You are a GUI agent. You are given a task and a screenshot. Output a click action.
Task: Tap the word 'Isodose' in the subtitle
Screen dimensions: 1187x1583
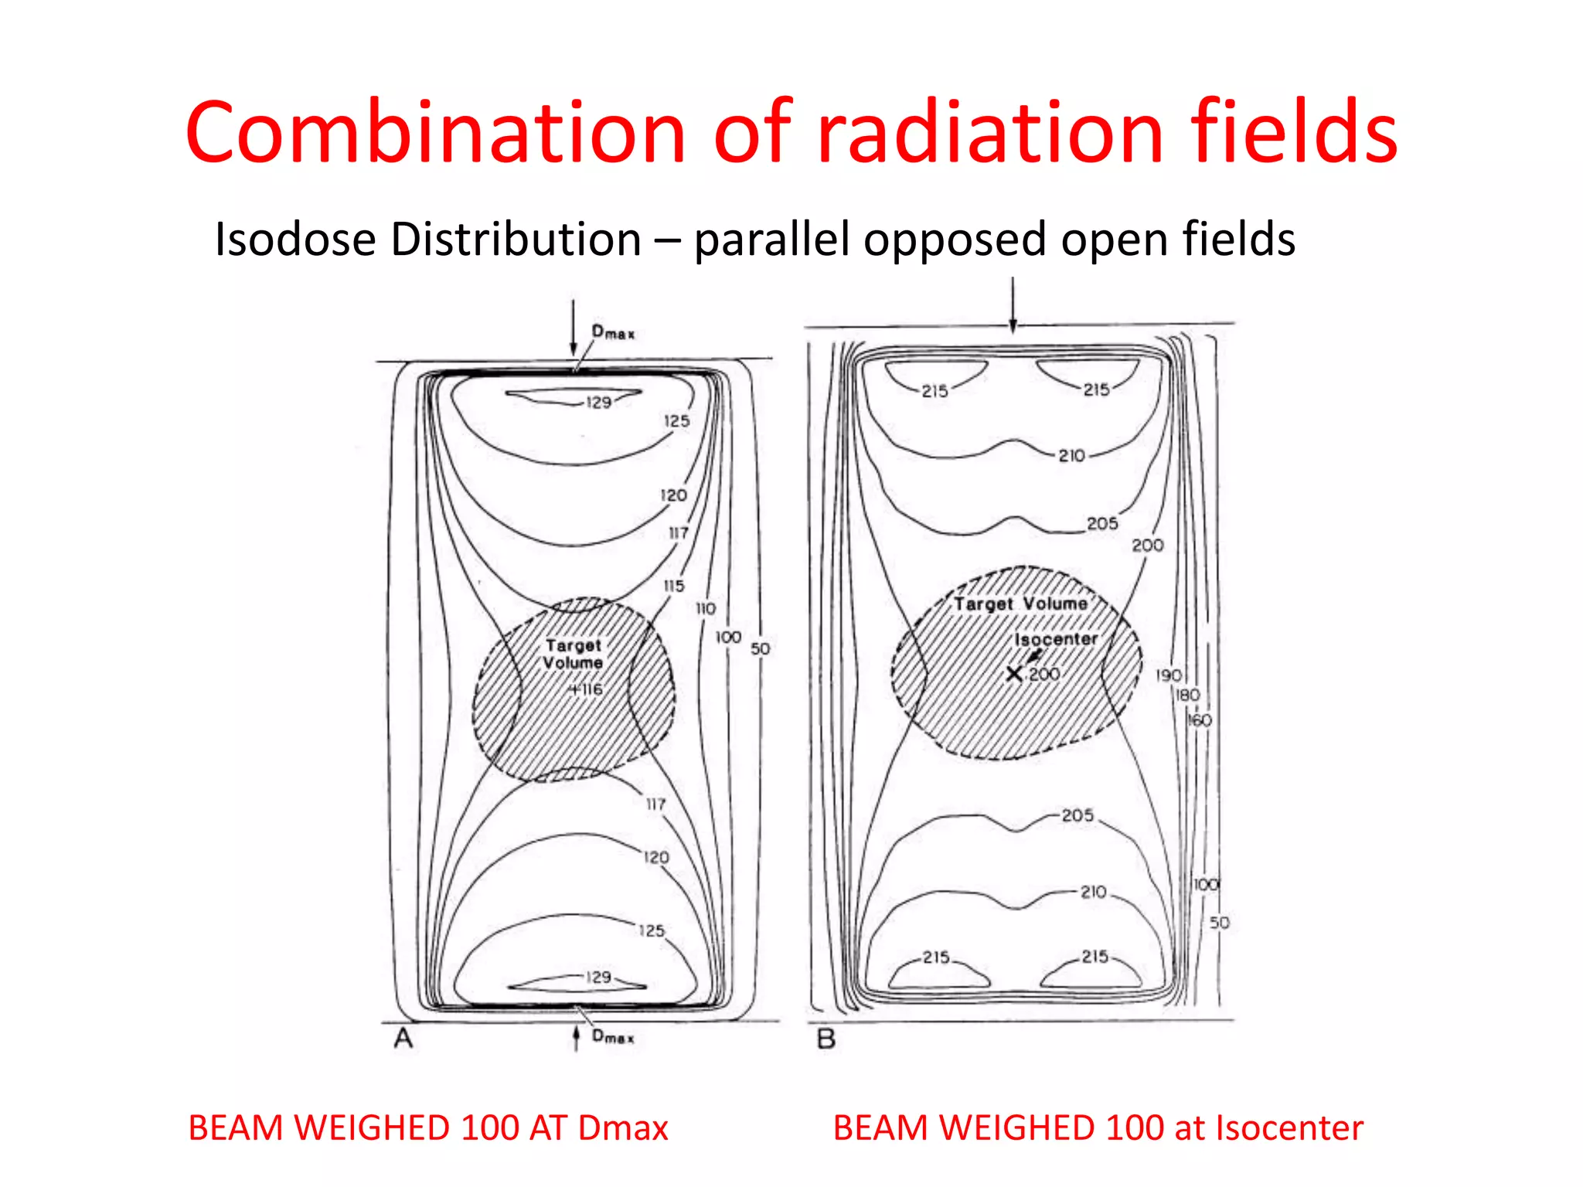296,239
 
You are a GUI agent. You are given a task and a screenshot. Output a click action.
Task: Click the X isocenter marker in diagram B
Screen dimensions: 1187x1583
1014,674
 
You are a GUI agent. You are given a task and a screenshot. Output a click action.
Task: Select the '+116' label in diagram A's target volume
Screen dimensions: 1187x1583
587,689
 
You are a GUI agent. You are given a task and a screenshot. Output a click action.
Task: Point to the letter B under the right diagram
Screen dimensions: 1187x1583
826,1039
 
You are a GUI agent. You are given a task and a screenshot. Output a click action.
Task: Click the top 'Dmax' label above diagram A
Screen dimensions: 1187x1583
613,332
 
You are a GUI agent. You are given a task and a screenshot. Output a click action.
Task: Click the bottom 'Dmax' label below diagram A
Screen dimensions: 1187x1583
613,1036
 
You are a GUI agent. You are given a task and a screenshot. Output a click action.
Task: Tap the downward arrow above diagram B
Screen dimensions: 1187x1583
1013,304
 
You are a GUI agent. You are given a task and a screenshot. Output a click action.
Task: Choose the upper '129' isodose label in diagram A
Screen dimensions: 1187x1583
598,402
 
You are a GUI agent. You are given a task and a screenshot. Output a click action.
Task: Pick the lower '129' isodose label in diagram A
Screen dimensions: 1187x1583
598,977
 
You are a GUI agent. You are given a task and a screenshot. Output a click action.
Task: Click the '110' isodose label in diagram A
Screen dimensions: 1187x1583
706,608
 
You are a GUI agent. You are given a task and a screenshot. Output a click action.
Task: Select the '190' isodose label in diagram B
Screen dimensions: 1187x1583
1168,675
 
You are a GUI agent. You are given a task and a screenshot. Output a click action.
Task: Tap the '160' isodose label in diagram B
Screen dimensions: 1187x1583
1199,720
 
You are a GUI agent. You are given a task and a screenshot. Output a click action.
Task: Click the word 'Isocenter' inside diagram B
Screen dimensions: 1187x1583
1056,639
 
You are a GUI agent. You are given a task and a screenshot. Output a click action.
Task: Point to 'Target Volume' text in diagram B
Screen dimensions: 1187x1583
1020,604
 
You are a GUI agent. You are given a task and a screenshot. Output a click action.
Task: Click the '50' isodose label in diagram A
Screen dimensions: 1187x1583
761,648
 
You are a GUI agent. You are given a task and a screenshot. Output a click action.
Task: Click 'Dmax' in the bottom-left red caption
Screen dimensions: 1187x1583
623,1128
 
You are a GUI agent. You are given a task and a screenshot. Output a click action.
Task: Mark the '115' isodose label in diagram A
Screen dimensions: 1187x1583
674,586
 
